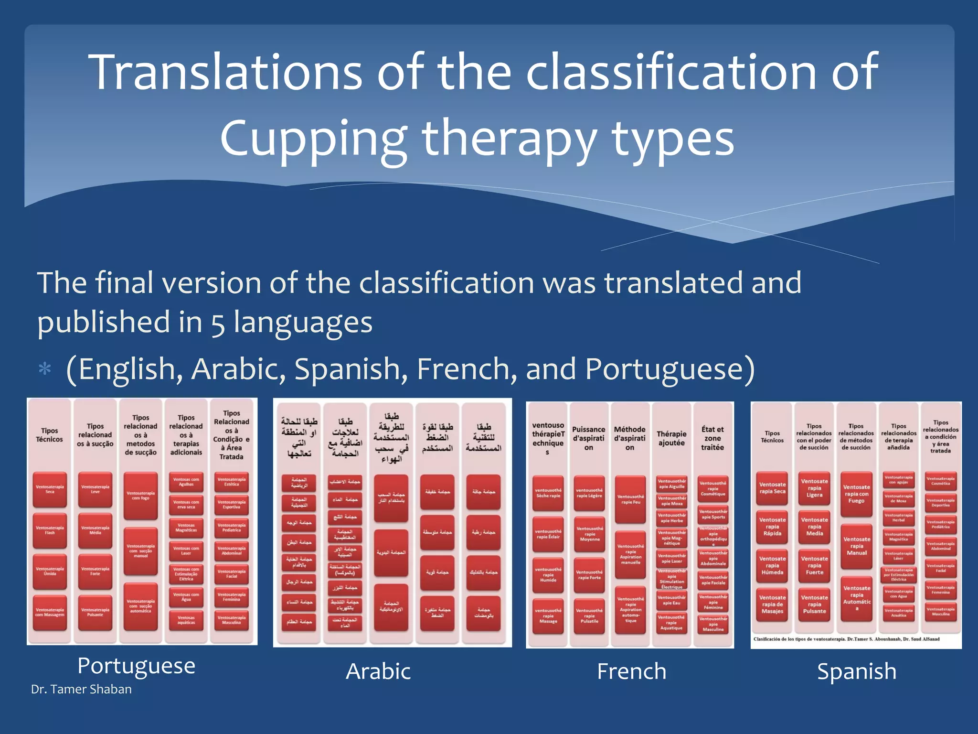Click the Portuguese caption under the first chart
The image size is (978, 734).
(136, 666)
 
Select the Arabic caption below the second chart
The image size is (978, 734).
(378, 671)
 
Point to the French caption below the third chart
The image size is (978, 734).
(631, 671)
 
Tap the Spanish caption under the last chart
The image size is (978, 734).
(857, 671)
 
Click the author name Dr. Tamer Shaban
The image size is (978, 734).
(81, 689)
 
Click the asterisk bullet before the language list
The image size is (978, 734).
(45, 369)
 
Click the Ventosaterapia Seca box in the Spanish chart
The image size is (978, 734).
(772, 488)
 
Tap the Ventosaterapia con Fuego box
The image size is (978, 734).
(856, 494)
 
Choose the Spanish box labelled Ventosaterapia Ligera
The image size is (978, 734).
(814, 488)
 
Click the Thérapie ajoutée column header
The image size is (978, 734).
(671, 438)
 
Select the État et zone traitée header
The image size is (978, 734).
(712, 438)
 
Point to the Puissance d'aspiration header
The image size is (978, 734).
(589, 438)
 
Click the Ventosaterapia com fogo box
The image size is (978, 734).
(140, 496)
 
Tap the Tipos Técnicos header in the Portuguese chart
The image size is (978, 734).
(50, 435)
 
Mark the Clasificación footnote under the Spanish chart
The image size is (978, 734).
(846, 639)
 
